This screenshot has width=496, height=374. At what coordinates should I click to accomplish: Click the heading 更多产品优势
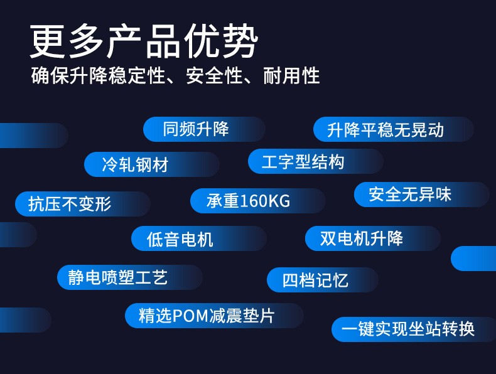coord(144,41)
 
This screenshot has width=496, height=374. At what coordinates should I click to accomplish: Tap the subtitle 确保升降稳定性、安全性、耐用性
coord(175,76)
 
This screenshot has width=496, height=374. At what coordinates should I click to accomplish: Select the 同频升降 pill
coord(204,129)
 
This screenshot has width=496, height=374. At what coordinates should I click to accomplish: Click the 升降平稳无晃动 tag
coord(394,129)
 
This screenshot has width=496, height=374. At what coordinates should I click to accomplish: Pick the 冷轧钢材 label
coord(152,164)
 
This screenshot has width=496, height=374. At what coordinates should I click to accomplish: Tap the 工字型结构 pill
coord(316,161)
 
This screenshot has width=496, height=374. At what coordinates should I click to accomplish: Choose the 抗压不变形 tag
coord(82,204)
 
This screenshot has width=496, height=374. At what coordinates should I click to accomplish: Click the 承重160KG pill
coord(258,201)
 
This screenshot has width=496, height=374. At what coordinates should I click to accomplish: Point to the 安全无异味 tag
coord(422,195)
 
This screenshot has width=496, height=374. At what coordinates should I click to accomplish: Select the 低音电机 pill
coord(198,238)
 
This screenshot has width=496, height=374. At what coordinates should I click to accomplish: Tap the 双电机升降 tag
coord(373,238)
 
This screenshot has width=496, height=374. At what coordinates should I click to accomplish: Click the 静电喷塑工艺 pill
coord(130,277)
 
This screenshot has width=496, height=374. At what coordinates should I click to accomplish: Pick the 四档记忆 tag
coord(322,280)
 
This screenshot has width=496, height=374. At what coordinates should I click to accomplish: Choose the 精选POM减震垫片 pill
coord(214,316)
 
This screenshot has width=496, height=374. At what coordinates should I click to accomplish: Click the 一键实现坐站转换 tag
coord(414,329)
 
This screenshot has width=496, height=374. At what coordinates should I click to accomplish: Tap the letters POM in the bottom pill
coord(190,316)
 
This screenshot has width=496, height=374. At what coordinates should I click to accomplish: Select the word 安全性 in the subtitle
coord(214,76)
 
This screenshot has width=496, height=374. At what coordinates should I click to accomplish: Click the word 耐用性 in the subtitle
coord(291,76)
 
